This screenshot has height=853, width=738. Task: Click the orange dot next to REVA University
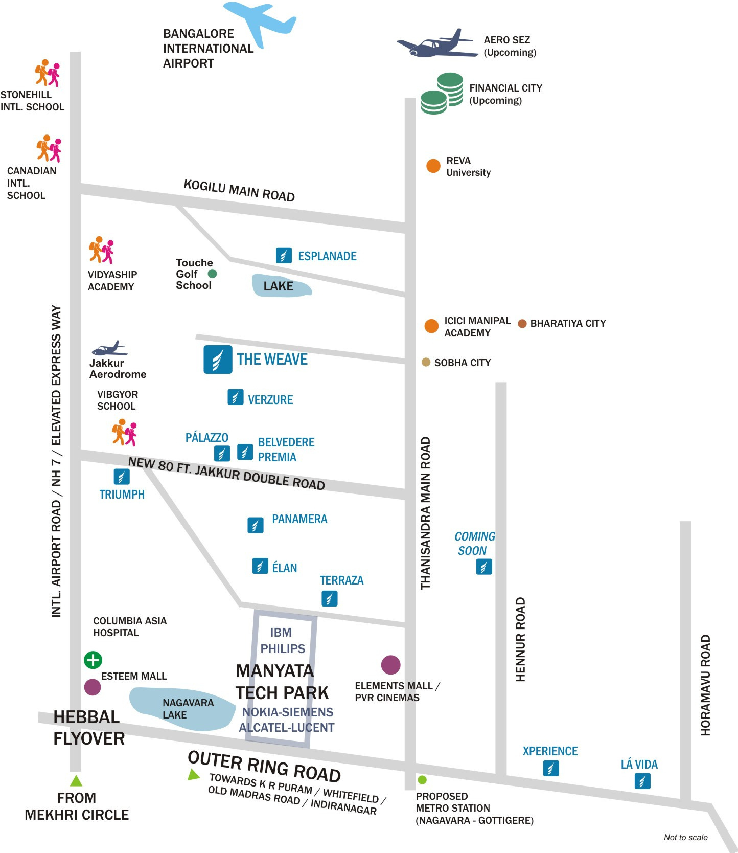pos(433,166)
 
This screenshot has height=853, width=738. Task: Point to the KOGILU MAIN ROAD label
pos(239,191)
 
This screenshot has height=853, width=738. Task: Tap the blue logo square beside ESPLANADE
pos(284,255)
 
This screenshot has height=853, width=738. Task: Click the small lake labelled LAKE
pos(281,286)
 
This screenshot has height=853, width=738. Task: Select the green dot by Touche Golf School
pos(212,274)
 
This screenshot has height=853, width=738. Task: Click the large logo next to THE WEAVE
pos(218,360)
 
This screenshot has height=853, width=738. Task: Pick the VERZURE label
pos(270,400)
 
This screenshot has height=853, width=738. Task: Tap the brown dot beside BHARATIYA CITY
pos(522,323)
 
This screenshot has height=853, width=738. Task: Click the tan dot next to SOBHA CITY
pos(426,362)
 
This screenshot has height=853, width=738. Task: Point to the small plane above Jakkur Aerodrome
pos(109,349)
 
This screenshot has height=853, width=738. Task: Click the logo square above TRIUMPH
pos(122,477)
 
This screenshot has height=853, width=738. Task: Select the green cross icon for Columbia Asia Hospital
pos(93,660)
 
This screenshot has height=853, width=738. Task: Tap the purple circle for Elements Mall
pos(391,664)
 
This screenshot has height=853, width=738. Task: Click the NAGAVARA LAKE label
pos(188,709)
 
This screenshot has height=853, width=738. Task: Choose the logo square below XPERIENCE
pos(550,768)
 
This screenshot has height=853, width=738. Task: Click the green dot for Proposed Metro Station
pos(422,780)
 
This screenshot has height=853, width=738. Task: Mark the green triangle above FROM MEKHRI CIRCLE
pos(76,781)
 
